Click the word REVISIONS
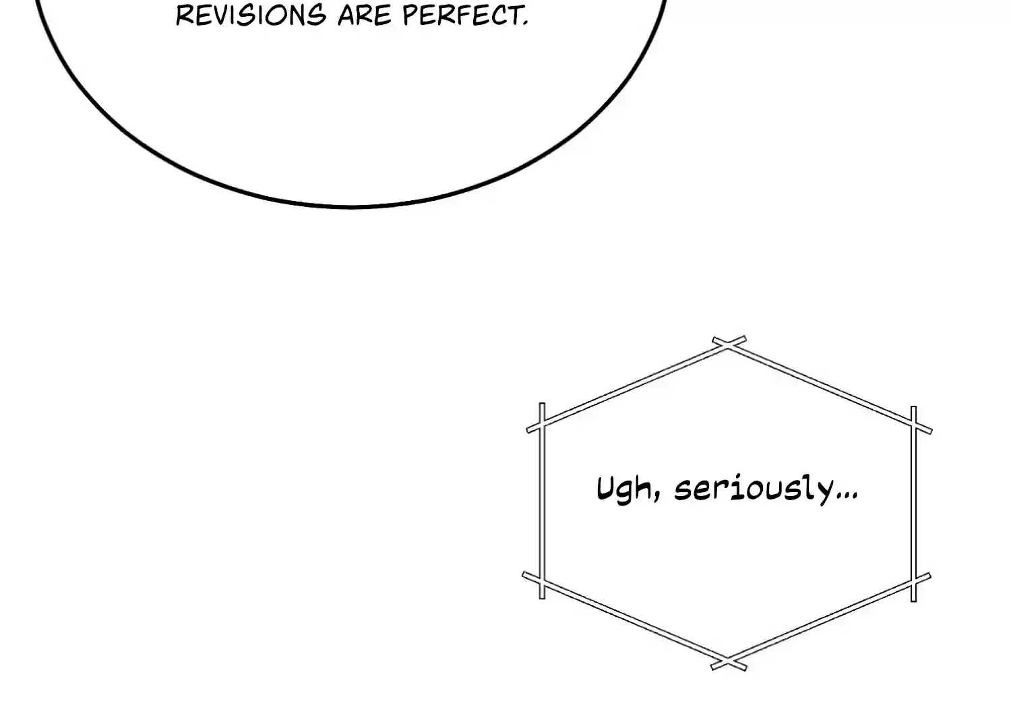(250, 15)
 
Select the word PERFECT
(462, 15)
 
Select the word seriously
(754, 489)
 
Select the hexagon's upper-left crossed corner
(542, 426)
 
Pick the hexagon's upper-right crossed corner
(914, 426)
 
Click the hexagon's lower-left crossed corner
(542, 579)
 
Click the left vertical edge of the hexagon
(542, 502)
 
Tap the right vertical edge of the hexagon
(914, 502)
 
